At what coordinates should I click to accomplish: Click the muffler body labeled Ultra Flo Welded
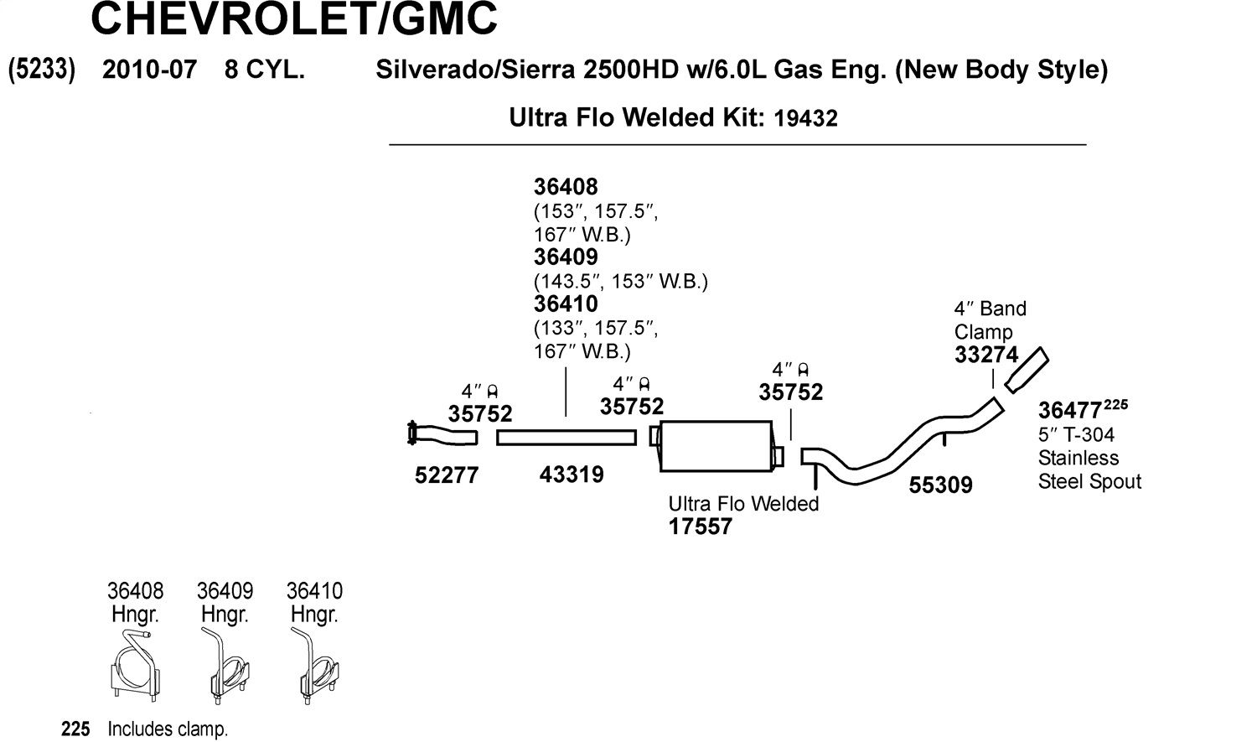click(x=716, y=446)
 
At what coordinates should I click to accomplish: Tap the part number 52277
click(x=447, y=475)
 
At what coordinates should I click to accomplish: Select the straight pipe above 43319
click(x=566, y=437)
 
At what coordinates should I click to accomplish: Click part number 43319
click(x=572, y=475)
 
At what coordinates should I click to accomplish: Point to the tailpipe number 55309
click(x=940, y=485)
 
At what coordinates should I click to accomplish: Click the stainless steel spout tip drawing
click(x=1027, y=370)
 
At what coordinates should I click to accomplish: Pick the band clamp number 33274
click(x=986, y=355)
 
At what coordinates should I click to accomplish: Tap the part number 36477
click(x=1069, y=410)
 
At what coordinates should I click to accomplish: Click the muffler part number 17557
click(x=701, y=527)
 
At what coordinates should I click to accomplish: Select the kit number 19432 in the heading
click(x=805, y=118)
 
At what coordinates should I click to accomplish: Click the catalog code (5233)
click(x=42, y=70)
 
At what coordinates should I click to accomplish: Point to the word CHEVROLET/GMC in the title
click(x=294, y=18)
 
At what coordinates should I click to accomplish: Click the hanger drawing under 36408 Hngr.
click(x=135, y=666)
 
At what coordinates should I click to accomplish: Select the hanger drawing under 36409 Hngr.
click(x=225, y=666)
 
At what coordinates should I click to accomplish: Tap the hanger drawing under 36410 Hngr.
click(x=314, y=666)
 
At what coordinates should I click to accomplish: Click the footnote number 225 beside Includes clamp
click(x=75, y=729)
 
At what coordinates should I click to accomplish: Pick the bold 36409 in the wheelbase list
click(x=566, y=257)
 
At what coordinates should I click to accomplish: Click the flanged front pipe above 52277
click(x=442, y=433)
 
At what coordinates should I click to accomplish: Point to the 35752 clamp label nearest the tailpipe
click(x=791, y=392)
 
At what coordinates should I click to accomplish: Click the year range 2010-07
click(x=149, y=70)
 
